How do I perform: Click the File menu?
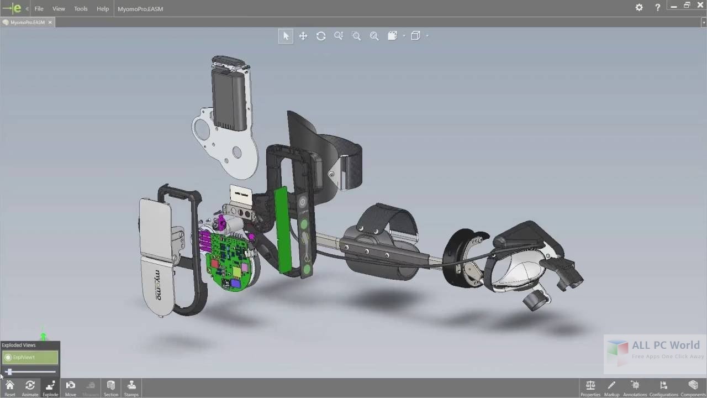click(39, 9)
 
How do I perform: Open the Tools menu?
click(81, 9)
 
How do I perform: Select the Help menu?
click(103, 9)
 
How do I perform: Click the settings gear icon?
click(639, 8)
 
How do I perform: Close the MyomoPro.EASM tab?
click(50, 23)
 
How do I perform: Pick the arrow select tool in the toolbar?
click(286, 36)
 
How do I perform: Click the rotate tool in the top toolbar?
click(321, 36)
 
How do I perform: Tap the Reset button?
click(10, 387)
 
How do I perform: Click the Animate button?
click(30, 387)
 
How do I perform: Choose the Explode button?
click(50, 387)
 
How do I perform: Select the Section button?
click(111, 387)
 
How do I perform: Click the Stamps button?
click(131, 387)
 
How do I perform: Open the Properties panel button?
click(590, 387)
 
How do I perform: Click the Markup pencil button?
click(611, 387)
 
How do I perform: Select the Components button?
click(693, 387)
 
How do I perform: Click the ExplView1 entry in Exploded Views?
click(30, 358)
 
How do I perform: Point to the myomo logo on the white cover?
click(157, 285)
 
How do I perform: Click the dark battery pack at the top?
click(229, 99)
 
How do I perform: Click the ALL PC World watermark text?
click(666, 345)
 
